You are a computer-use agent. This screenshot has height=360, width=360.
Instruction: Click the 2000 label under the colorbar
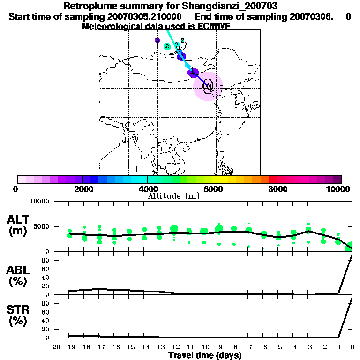pyautogui.click(x=82, y=189)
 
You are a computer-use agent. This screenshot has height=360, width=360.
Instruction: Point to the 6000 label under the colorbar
pyautogui.click(x=212, y=189)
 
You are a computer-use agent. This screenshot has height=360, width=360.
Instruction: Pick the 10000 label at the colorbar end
pyautogui.click(x=339, y=189)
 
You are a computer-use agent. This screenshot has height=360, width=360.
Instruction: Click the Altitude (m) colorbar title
pyautogui.click(x=174, y=196)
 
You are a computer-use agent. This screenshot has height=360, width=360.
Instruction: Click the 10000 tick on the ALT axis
pyautogui.click(x=41, y=202)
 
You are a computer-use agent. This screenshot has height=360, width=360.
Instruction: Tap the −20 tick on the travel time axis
pyautogui.click(x=55, y=347)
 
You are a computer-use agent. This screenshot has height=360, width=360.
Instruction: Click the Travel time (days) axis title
pyautogui.click(x=205, y=355)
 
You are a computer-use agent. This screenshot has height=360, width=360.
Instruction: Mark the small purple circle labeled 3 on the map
pyautogui.click(x=157, y=40)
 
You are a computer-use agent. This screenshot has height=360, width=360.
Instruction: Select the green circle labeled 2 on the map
pyautogui.click(x=167, y=46)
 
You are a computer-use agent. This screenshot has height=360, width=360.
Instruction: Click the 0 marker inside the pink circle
pyautogui.click(x=208, y=86)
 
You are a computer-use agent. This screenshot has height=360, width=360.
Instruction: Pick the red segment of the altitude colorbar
pyautogui.click(x=272, y=179)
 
